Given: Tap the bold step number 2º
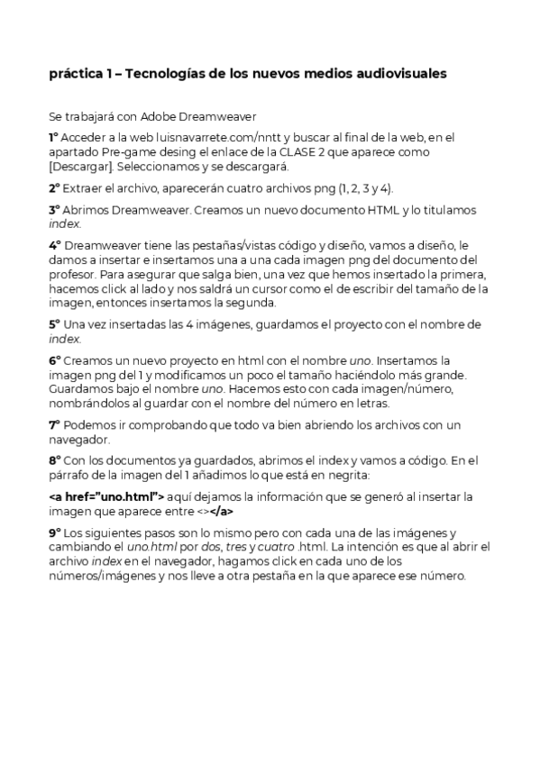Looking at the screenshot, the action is coord(54,188).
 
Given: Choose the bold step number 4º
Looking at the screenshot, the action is coord(54,244).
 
